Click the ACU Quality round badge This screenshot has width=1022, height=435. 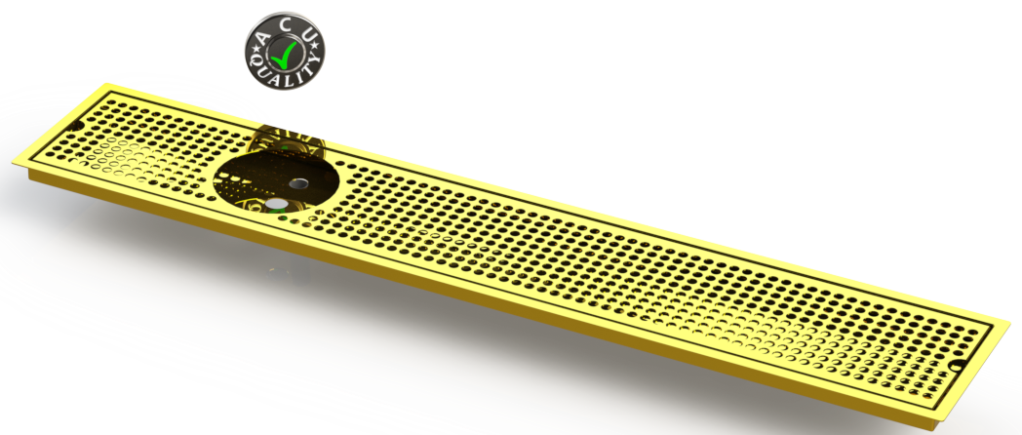(286, 47)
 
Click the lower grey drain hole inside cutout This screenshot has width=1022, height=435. (279, 205)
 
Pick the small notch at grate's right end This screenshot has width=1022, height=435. (957, 367)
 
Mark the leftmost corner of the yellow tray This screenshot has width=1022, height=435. (13, 164)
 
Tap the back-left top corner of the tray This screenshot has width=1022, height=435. (107, 84)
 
